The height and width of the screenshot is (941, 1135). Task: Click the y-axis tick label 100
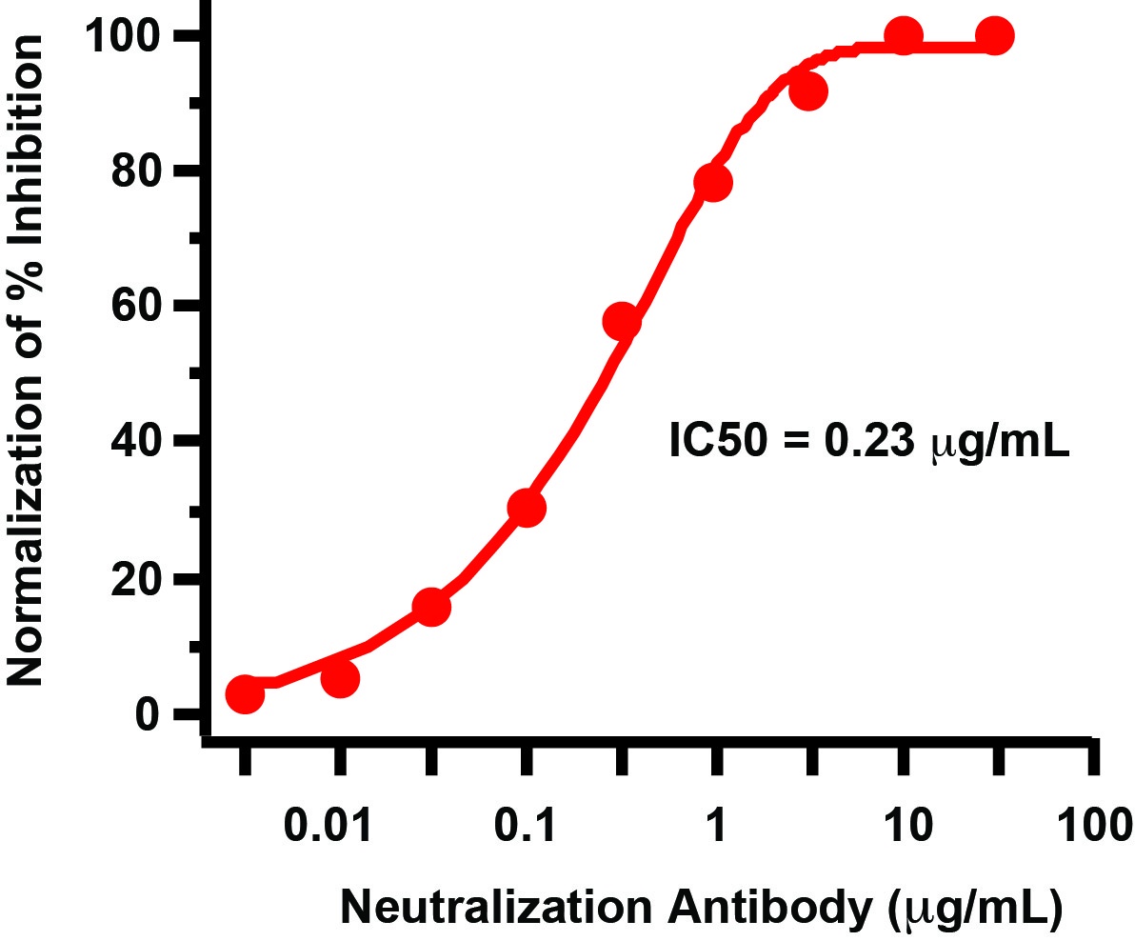coord(127,37)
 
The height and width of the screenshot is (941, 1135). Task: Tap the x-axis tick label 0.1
coord(525,825)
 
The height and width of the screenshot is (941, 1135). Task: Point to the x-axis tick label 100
coord(1093,825)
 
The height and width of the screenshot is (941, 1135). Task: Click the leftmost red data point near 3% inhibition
coord(245,694)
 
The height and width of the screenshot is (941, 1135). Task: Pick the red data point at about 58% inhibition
coord(622,322)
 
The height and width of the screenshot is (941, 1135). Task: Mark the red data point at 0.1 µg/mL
coord(527,509)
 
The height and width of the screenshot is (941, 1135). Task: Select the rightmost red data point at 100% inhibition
coord(995,36)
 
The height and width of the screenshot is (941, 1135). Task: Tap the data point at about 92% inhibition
coord(808,92)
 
